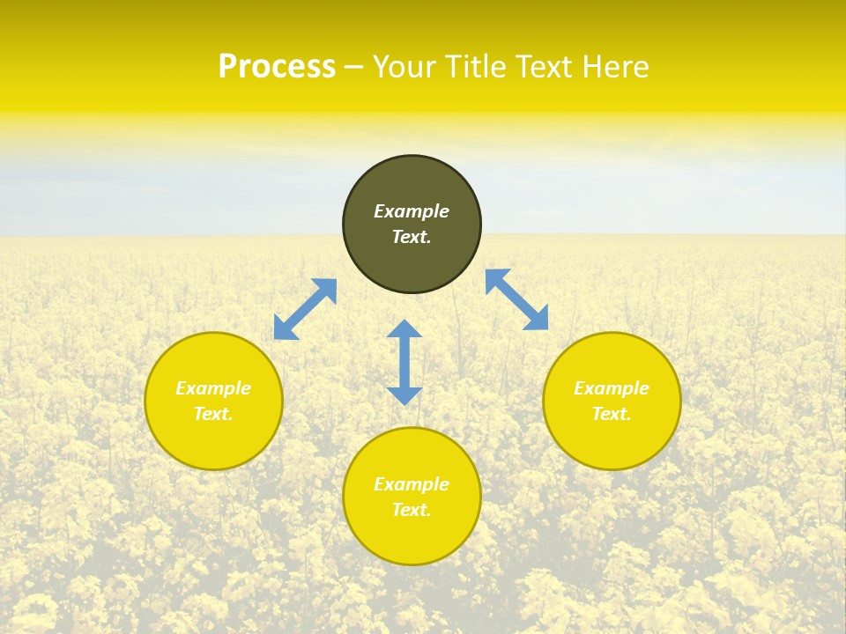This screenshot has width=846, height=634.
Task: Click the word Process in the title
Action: tap(276, 67)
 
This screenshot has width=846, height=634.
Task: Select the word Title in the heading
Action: tap(479, 67)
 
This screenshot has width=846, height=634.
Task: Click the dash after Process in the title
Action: tap(353, 69)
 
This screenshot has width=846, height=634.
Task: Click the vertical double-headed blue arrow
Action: tap(404, 362)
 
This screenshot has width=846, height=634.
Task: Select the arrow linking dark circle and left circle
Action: tap(305, 309)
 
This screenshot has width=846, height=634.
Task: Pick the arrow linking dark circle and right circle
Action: tap(517, 299)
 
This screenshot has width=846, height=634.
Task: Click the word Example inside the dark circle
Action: tap(412, 211)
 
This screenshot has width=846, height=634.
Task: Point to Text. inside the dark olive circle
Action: tap(412, 237)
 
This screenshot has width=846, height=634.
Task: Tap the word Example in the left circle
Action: tap(213, 388)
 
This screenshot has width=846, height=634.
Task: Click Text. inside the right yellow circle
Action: tap(612, 414)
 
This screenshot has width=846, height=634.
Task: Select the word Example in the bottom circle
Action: tap(412, 484)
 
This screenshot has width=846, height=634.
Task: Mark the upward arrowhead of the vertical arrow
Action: tap(404, 329)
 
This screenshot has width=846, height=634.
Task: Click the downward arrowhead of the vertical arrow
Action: tap(404, 395)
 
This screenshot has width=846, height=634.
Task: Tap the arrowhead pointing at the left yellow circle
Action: tap(284, 329)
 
